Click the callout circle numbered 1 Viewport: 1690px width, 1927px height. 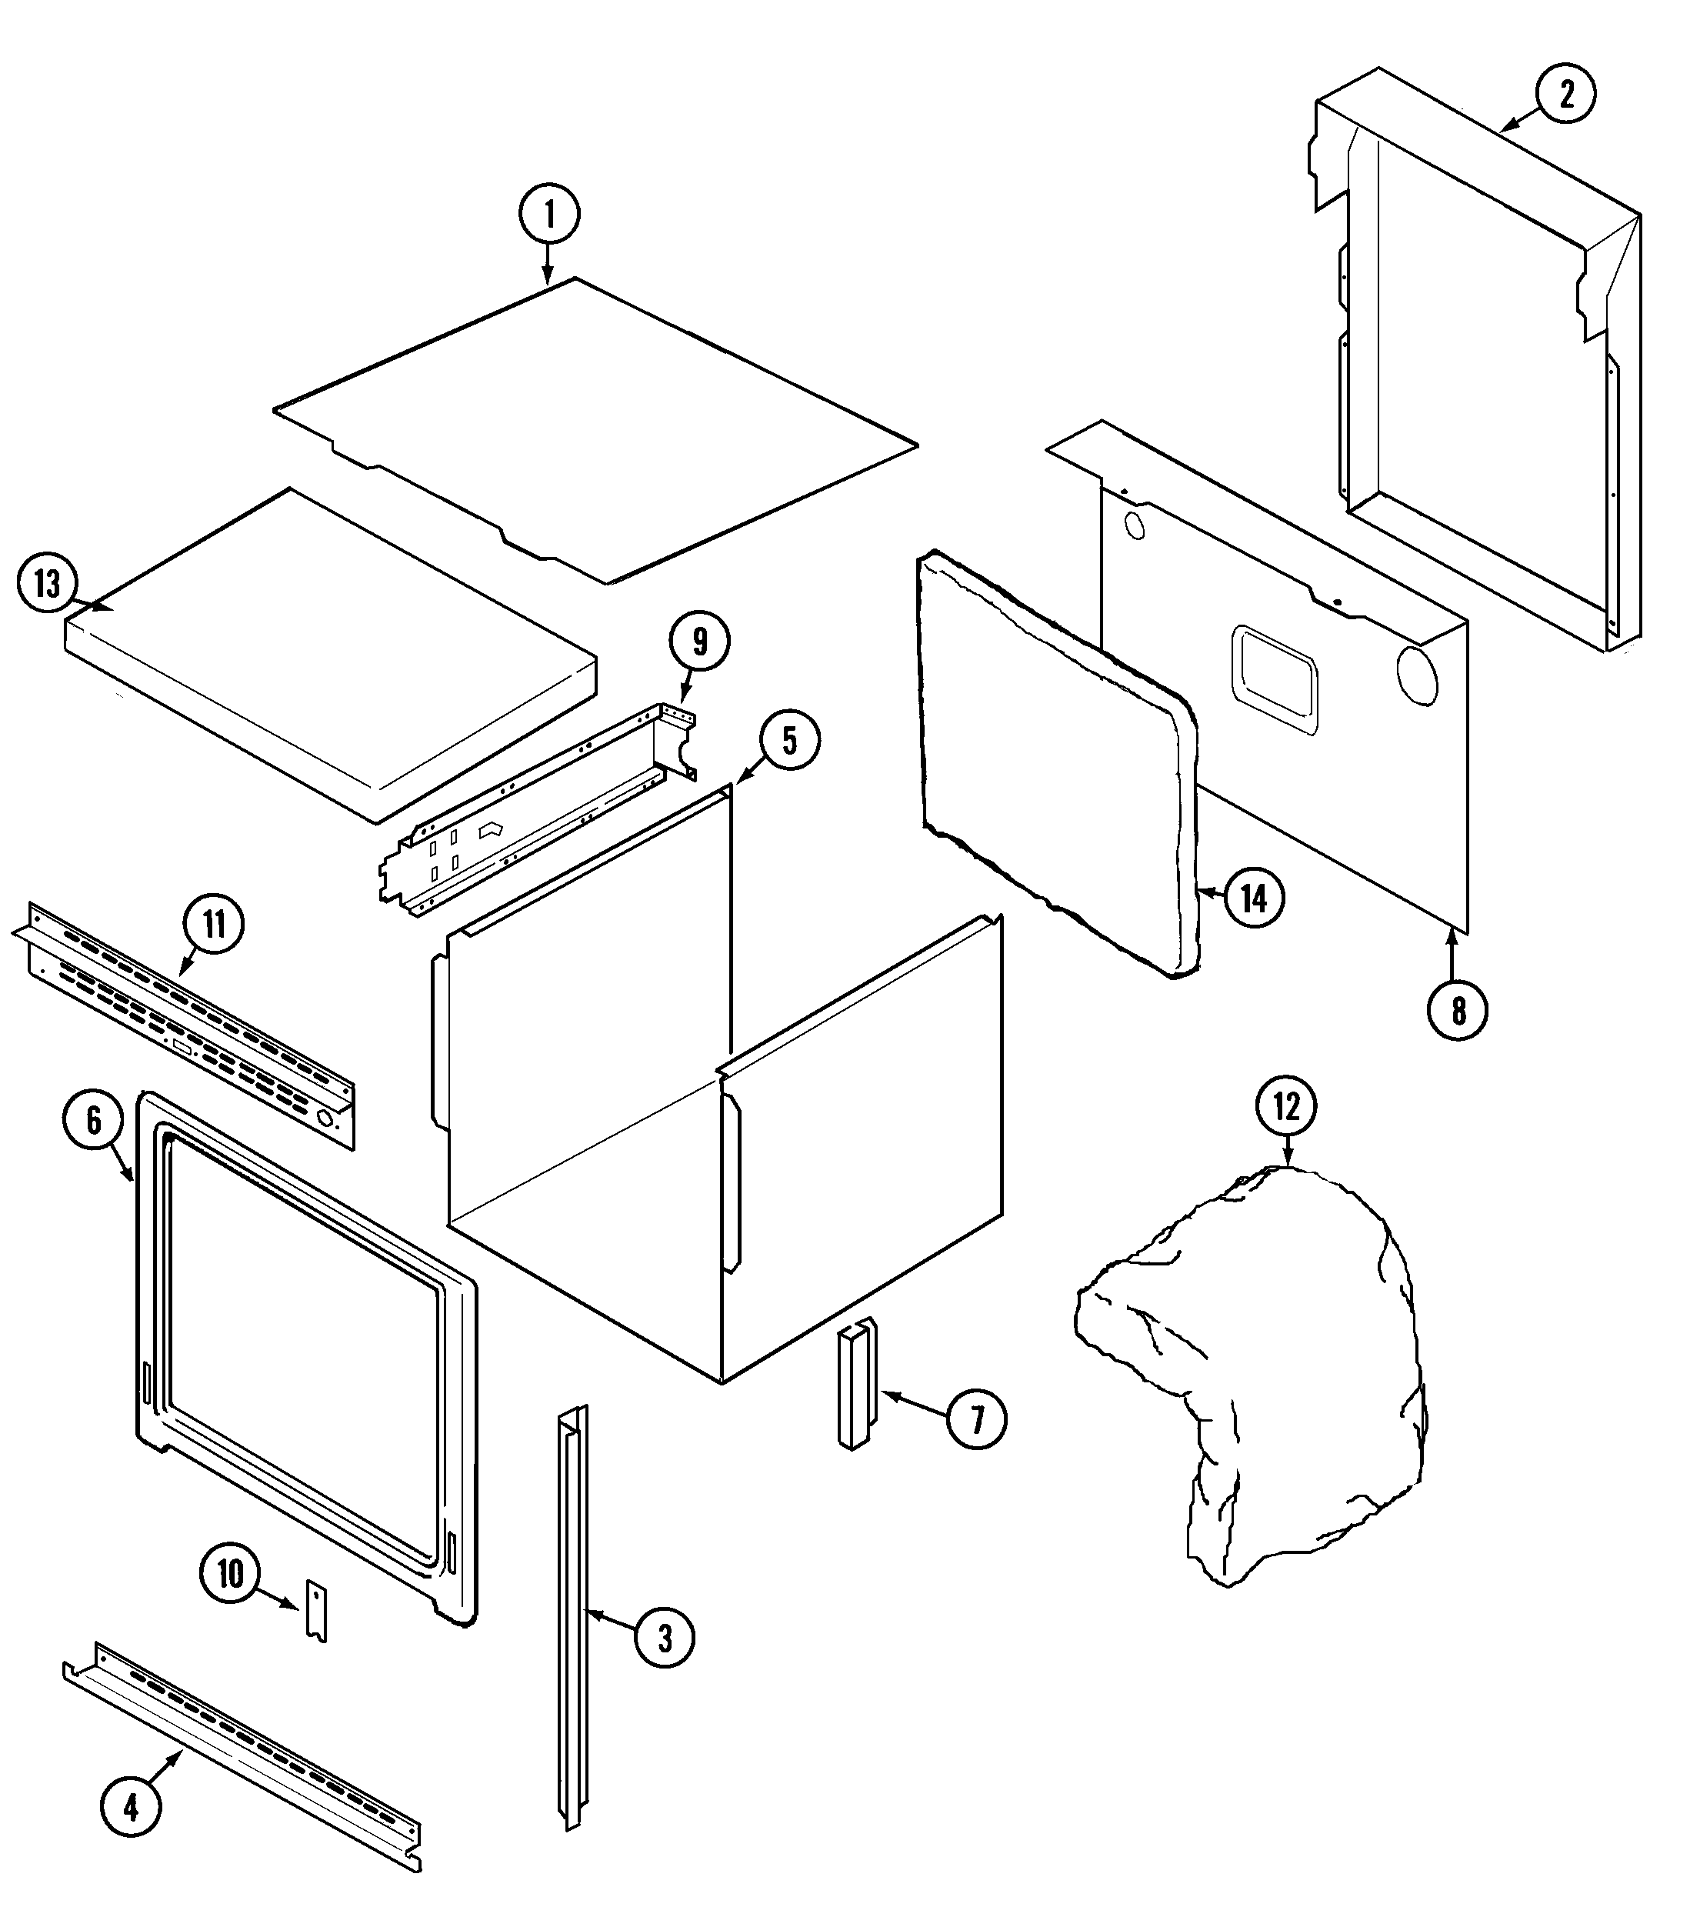[x=549, y=214]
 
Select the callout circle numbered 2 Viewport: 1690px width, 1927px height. [x=1565, y=95]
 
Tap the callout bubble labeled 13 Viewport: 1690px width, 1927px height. [x=47, y=585]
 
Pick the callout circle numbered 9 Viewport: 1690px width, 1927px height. [x=699, y=642]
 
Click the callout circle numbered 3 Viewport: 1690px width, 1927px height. [x=665, y=1638]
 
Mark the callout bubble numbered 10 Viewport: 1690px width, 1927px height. [x=230, y=1573]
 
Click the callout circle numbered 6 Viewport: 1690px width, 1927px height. [x=93, y=1121]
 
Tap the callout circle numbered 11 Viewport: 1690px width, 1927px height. [x=214, y=924]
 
